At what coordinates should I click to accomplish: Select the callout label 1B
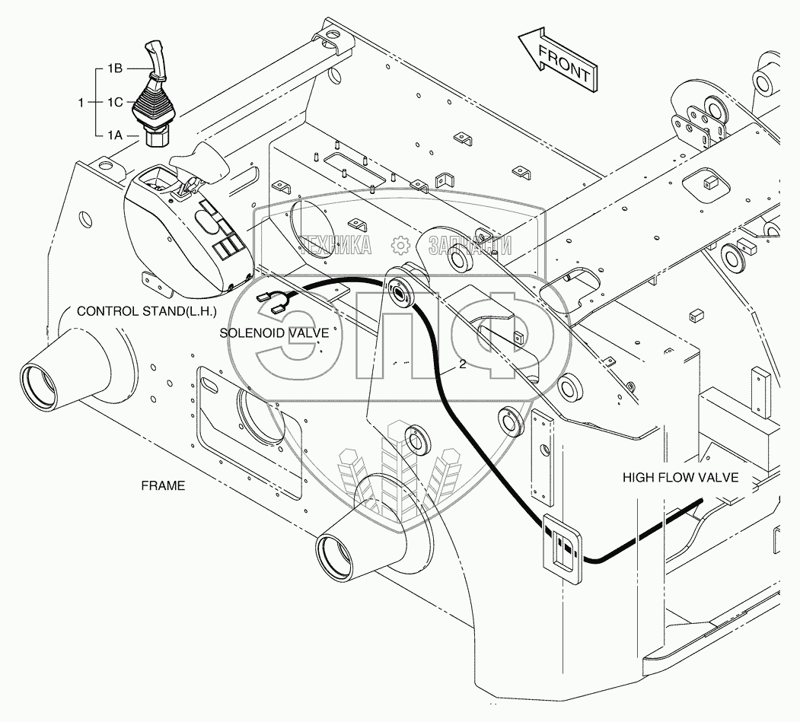click(115, 68)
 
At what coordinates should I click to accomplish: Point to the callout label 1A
click(115, 135)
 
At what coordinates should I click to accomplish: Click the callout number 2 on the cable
click(461, 365)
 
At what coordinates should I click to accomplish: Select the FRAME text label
click(163, 485)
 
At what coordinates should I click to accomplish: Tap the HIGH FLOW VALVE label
click(680, 478)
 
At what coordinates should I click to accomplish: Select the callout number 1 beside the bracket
click(81, 101)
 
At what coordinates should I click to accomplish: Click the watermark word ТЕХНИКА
click(336, 245)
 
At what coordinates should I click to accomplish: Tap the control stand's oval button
click(206, 221)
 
